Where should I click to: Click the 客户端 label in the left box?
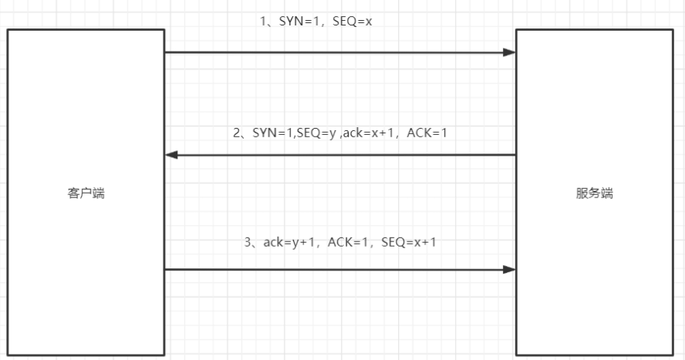[86, 193]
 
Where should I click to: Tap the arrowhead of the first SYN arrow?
[509, 52]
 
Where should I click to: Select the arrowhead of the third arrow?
[509, 270]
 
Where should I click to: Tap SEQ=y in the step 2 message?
[319, 133]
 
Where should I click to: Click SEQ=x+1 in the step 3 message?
[409, 242]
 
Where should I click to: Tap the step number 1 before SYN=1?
[263, 21]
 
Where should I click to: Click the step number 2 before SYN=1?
[237, 133]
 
